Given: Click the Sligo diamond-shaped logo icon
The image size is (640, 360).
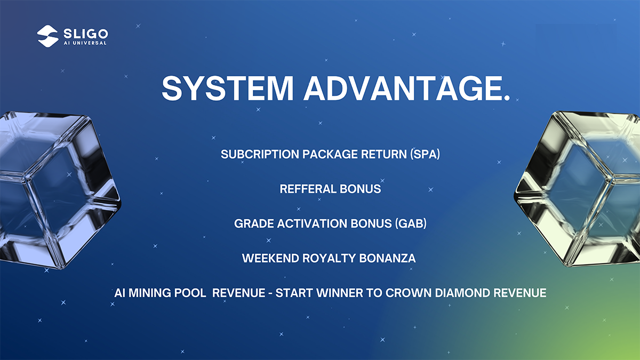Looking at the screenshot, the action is (x=47, y=36).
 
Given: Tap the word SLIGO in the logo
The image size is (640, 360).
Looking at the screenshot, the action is (x=86, y=34).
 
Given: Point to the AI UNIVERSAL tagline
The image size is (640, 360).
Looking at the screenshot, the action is (x=85, y=43).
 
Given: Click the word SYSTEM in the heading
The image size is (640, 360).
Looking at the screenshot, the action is (x=227, y=89).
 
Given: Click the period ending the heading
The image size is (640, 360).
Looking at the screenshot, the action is (x=506, y=98).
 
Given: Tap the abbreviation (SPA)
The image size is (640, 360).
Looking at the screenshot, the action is (x=425, y=154).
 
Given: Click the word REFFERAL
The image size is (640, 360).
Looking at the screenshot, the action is (x=308, y=189).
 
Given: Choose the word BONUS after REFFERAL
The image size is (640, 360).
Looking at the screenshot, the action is (x=361, y=189).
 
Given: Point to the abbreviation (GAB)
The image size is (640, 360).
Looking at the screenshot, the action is (x=411, y=223).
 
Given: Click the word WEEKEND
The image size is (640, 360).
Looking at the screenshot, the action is (x=270, y=258).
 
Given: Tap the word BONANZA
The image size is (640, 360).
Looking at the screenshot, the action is (x=387, y=258).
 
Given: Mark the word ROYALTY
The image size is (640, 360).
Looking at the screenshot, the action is (x=329, y=258).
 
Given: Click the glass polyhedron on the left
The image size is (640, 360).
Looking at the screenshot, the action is (x=57, y=190).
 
